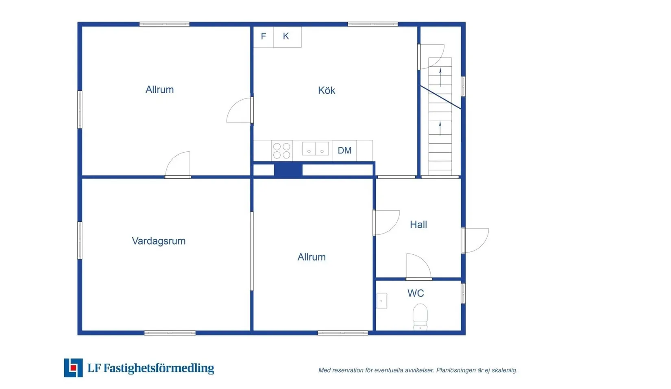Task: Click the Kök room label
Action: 327,90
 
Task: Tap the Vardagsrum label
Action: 159,241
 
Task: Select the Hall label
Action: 418,225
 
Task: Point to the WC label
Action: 416,293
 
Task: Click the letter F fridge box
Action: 263,37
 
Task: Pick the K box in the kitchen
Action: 287,37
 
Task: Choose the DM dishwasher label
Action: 344,151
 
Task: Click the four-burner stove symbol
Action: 282,151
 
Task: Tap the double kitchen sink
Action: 316,149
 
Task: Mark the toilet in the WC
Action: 420,317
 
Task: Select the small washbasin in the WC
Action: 381,301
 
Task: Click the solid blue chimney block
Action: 288,170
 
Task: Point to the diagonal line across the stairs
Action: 441,97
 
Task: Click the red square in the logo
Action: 73,367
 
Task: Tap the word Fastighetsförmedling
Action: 159,368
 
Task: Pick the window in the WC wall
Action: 463,293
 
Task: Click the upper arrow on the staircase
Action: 440,77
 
